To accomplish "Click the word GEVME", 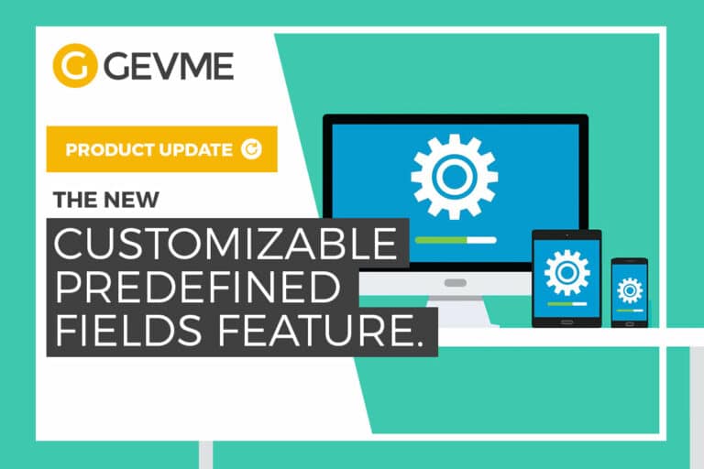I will click(167, 67).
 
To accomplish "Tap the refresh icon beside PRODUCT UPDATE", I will click(250, 149).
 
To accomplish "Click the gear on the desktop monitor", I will click(454, 177).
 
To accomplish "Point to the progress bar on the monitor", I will click(455, 240).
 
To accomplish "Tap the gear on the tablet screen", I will click(566, 271).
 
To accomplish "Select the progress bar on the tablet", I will click(566, 303).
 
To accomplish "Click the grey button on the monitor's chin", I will click(454, 283).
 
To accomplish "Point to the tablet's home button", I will click(566, 321).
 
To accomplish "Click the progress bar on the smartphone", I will click(630, 311).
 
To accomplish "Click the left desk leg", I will click(206, 454).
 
